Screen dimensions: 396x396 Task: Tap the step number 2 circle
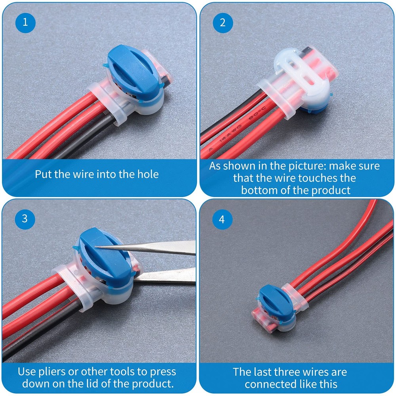223,23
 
